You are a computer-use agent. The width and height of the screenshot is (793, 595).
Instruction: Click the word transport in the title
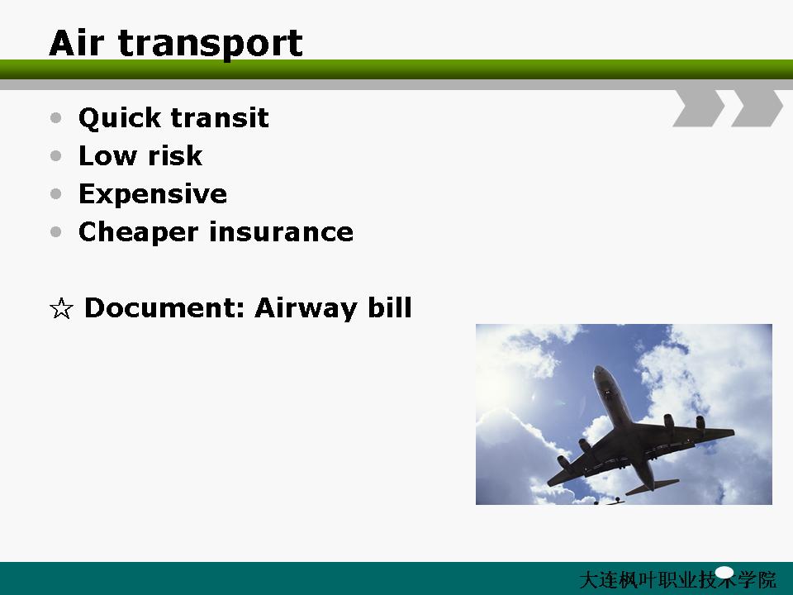click(x=211, y=45)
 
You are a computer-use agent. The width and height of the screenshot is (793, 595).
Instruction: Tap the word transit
click(x=220, y=117)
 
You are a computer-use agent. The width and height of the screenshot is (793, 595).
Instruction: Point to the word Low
click(x=107, y=155)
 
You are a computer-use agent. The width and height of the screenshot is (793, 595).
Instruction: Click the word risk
click(x=175, y=155)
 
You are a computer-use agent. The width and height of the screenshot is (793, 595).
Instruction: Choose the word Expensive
click(x=153, y=194)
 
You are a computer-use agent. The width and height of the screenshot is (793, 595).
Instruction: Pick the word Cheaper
click(x=138, y=233)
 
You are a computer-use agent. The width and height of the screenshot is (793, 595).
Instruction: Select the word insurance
click(x=281, y=232)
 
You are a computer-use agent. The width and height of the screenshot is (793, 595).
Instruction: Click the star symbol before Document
click(x=61, y=308)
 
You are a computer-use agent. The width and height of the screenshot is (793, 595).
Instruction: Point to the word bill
click(x=389, y=307)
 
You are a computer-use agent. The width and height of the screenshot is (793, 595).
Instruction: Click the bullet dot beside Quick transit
click(x=56, y=118)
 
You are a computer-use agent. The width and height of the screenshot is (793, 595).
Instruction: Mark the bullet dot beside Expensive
click(x=56, y=193)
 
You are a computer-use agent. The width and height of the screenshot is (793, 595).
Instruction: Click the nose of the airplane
click(x=600, y=369)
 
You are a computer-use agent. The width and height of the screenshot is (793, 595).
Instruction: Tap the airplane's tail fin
click(x=653, y=485)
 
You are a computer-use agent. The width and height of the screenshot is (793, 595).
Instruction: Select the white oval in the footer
click(x=724, y=573)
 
